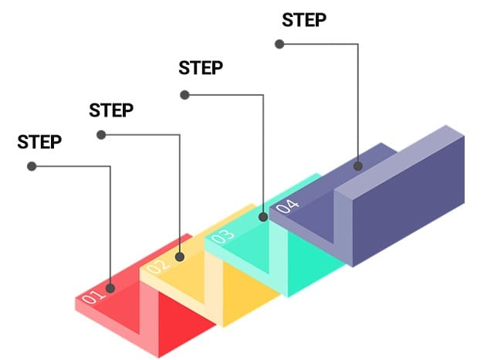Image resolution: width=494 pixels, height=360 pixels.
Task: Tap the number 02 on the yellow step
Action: [x=158, y=267]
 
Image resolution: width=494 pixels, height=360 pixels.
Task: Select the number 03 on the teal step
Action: [x=223, y=236]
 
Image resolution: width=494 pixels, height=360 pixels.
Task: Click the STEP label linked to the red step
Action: [x=39, y=142]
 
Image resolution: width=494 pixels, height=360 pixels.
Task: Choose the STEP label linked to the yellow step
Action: [x=111, y=110]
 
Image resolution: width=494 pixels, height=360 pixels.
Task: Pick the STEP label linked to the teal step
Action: [x=201, y=68]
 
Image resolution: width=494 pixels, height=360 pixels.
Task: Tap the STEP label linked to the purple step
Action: [x=304, y=20]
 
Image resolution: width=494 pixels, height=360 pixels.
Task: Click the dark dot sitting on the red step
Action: [x=111, y=288]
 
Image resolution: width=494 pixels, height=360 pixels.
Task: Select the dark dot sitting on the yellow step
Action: [x=181, y=256]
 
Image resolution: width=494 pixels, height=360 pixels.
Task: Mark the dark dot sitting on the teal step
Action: [x=264, y=217]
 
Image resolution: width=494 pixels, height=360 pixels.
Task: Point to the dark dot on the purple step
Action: [x=358, y=165]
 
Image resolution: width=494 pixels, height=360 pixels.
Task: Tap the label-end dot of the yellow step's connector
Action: [x=101, y=135]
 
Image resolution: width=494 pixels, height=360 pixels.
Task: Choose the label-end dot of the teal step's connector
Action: [x=184, y=95]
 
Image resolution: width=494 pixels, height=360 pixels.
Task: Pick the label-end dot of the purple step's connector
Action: [x=279, y=44]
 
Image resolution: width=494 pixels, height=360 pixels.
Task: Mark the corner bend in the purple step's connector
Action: [x=358, y=44]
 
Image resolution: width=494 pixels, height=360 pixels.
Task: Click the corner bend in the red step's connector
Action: [x=110, y=166]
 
